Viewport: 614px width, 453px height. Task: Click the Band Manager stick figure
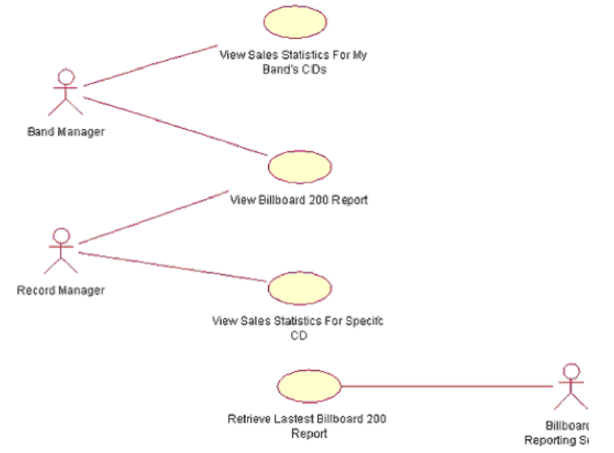(66, 93)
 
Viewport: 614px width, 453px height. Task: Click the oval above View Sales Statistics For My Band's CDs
(295, 22)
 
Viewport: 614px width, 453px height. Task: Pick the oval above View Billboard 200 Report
(300, 166)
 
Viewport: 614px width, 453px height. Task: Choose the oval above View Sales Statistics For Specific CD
(300, 287)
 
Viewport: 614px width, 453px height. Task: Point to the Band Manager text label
(66, 133)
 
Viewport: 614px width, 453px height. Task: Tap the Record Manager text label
(61, 290)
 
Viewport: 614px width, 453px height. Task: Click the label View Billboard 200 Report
(299, 199)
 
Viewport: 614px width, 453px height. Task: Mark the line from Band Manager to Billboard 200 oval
(176, 125)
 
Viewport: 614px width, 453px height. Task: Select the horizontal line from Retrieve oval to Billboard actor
(447, 386)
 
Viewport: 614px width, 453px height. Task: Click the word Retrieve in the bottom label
(246, 419)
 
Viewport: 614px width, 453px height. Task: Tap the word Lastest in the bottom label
(294, 419)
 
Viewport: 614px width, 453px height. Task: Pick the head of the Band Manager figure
(66, 76)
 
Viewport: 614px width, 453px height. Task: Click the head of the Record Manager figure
(62, 235)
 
